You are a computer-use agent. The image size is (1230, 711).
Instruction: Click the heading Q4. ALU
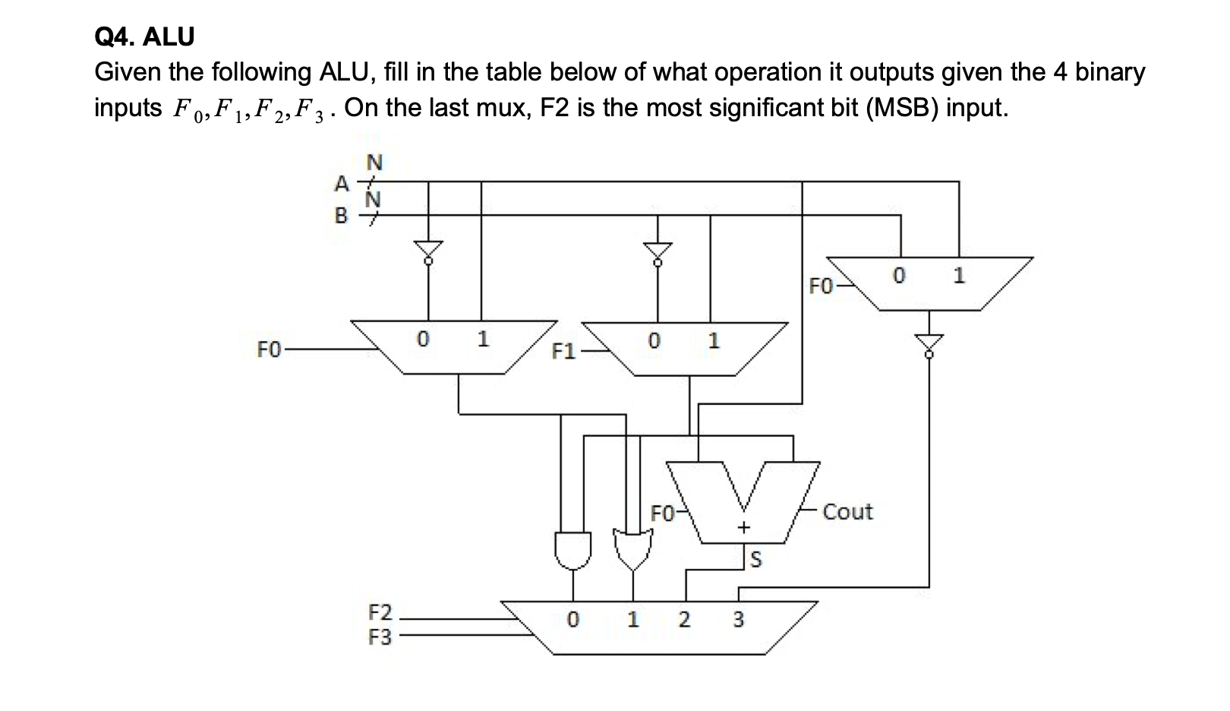(x=144, y=36)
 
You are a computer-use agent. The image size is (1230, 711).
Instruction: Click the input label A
(x=342, y=184)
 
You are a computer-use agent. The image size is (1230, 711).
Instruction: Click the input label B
(x=342, y=216)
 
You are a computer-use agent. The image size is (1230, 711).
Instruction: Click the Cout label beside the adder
(x=847, y=512)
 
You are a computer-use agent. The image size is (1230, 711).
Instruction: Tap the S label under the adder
(x=755, y=561)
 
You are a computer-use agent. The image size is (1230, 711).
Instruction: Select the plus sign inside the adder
(x=744, y=527)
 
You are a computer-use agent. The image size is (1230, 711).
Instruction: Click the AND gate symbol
(x=572, y=549)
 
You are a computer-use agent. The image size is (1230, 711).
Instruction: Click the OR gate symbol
(x=630, y=549)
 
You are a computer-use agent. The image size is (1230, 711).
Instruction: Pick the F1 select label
(x=563, y=351)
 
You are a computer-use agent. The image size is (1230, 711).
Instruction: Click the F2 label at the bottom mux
(x=380, y=612)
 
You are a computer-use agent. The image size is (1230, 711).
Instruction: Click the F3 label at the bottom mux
(x=380, y=637)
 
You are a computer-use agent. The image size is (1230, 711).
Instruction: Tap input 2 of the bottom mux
(x=684, y=620)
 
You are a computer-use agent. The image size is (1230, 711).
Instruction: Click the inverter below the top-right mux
(x=929, y=343)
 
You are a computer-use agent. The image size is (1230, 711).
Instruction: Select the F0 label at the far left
(x=270, y=349)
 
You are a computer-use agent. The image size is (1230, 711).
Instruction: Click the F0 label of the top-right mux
(x=821, y=286)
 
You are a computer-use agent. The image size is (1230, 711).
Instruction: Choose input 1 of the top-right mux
(x=959, y=276)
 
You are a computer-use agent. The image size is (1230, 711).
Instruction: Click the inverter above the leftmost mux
(x=428, y=251)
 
